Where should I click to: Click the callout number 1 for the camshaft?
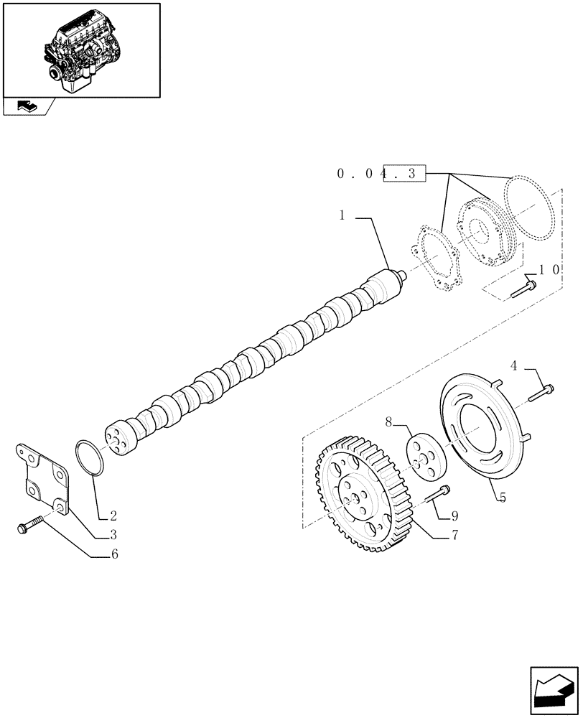(342, 215)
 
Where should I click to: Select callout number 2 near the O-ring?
(113, 516)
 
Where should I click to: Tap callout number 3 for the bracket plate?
(113, 535)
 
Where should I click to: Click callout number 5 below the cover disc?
(501, 496)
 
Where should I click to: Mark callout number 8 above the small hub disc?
(388, 424)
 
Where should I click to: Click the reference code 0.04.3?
(381, 174)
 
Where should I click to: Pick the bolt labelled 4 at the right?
(542, 393)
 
